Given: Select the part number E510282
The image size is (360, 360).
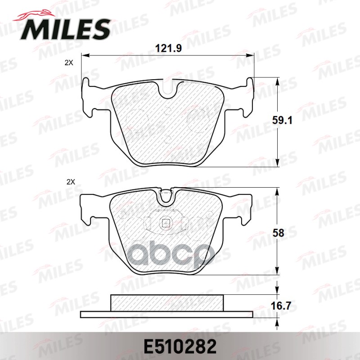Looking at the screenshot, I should [x=180, y=347].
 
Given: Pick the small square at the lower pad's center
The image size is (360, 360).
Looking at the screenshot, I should [x=166, y=222].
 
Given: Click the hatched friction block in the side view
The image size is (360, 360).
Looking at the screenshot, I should [x=167, y=302].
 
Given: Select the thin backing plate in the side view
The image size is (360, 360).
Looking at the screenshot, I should [x=167, y=314].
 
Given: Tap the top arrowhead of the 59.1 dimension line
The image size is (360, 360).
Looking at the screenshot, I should [x=277, y=80].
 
